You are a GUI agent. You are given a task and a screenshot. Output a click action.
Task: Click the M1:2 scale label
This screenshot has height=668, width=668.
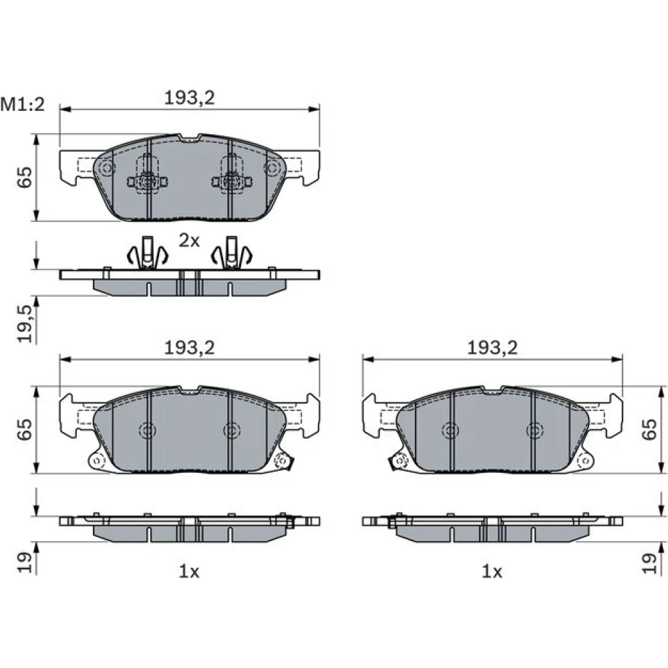pos(22,104)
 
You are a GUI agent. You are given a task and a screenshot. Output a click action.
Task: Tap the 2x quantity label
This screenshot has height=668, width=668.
pos(189,241)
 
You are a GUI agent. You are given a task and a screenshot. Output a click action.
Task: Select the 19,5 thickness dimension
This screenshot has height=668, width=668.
pos(25,324)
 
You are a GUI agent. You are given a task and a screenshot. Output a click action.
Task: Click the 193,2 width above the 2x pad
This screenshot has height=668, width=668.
pos(190,98)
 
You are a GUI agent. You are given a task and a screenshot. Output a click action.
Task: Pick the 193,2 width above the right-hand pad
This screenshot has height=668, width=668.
pos(492,349)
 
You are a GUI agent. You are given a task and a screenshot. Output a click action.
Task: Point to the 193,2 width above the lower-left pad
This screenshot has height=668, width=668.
pos(190,349)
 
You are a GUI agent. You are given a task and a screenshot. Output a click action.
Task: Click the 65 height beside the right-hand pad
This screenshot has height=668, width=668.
pos(650,430)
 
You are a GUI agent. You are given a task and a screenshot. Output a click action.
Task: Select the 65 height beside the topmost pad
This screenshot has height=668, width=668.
pos(25,177)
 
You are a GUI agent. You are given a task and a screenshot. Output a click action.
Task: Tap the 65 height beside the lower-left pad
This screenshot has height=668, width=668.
pos(25,430)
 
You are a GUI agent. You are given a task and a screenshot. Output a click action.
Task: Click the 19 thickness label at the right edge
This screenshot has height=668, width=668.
pos(650,563)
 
